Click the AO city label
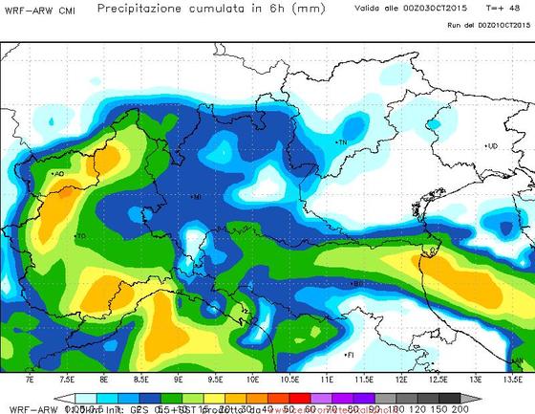(59, 174)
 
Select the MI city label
(196, 197)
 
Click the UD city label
(492, 146)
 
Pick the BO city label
(357, 283)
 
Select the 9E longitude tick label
(179, 380)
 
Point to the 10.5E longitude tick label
(289, 380)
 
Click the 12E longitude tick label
(402, 380)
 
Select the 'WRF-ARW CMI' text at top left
(40, 11)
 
